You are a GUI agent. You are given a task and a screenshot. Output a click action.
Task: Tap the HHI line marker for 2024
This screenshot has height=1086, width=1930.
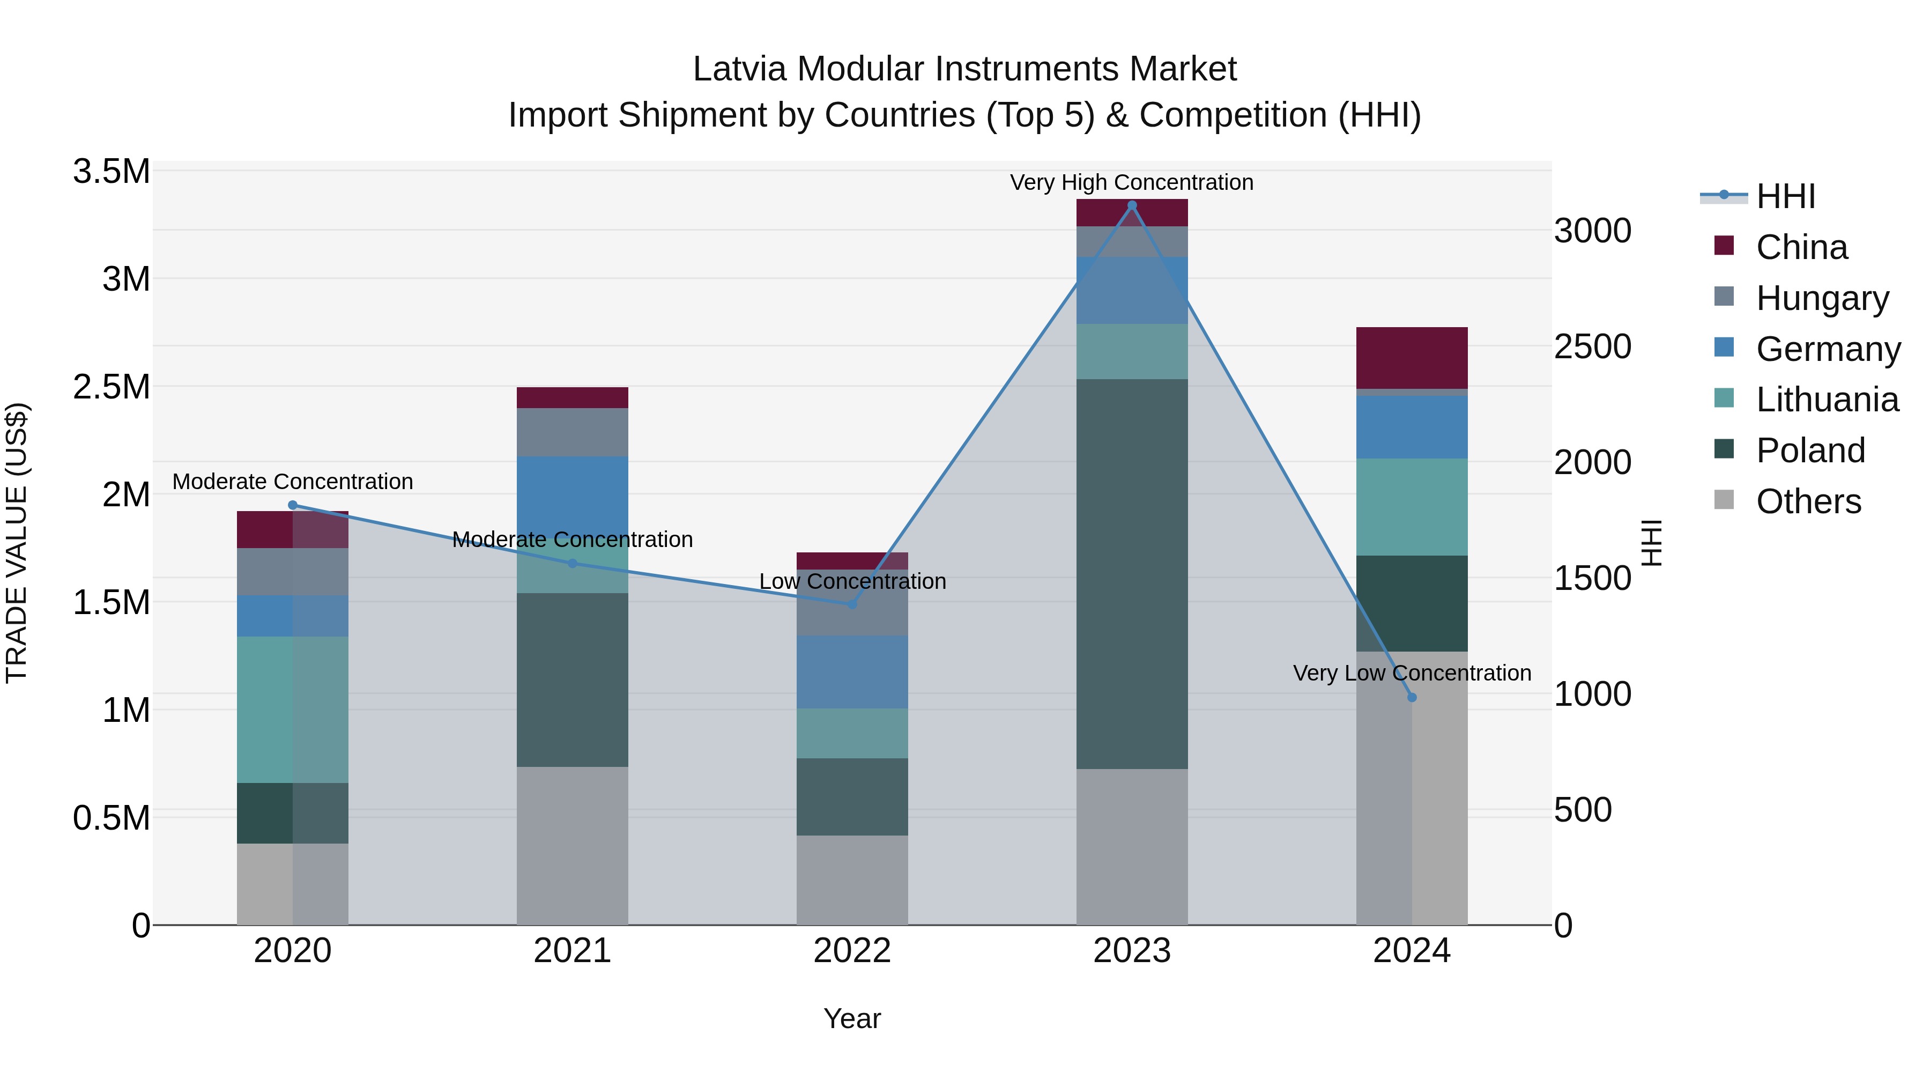coord(1412,697)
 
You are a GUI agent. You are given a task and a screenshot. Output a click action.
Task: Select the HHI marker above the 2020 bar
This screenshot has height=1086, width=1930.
coord(293,505)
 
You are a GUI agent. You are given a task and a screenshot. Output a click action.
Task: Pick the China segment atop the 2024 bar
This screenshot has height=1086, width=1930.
coord(1412,358)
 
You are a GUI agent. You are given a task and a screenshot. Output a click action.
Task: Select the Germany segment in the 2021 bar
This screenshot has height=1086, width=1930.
coord(573,494)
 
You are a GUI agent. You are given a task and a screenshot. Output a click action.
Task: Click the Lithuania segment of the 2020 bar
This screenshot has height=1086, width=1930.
coord(293,709)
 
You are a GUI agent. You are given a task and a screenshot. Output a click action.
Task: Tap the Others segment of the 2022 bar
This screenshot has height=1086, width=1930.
coord(852,880)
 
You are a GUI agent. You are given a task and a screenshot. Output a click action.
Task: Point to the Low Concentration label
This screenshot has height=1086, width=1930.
coord(852,581)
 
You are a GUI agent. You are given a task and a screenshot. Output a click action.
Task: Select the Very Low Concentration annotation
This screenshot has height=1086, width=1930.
coord(1412,673)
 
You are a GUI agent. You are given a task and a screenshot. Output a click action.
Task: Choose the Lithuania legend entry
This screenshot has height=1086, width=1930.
coord(1827,400)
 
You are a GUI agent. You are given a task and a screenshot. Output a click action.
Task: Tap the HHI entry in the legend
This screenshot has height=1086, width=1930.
coord(1785,196)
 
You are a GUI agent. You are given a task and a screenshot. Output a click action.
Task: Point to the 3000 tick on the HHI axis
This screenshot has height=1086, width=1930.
coord(1592,231)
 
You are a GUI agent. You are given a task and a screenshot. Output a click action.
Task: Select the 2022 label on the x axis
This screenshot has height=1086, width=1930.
coord(852,951)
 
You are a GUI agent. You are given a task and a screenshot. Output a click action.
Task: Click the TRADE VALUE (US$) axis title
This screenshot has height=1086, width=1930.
coord(17,543)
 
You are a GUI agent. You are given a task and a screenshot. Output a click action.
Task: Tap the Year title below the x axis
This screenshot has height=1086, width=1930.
coord(852,1018)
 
